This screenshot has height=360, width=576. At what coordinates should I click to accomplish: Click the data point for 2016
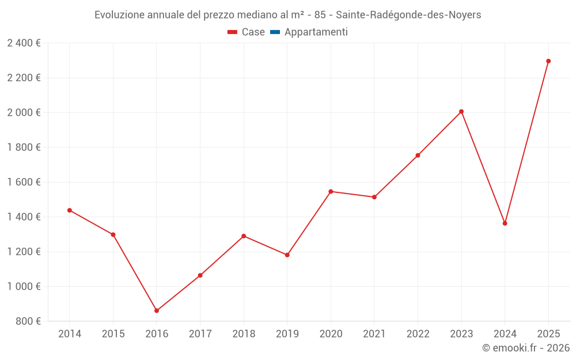pos(157,310)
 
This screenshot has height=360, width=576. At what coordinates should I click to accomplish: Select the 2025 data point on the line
pos(548,61)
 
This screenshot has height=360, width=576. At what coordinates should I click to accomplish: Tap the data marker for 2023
pos(461,112)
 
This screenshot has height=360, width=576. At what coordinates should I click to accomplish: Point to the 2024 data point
pos(505,223)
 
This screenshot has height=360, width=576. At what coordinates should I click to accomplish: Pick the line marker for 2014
pos(70,210)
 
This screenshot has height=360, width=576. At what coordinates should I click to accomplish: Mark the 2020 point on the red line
pos(331,191)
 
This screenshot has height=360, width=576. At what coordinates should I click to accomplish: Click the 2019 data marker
pos(287,255)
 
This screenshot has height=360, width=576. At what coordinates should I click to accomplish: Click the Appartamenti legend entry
pos(316,32)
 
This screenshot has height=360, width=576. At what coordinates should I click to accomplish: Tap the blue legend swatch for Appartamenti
pos(275,32)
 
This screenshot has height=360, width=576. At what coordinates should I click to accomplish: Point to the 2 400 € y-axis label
pos(24,43)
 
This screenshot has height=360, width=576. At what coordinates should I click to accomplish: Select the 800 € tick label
pos(28,321)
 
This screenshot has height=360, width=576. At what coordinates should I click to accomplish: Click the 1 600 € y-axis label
pos(24,182)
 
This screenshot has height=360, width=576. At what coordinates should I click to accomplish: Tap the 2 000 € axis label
pos(24,112)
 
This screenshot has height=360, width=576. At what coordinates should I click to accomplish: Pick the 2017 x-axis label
pos(200,334)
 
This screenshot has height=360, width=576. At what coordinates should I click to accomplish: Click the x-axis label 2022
pos(418,334)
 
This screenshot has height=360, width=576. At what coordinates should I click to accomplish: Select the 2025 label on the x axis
pos(548,334)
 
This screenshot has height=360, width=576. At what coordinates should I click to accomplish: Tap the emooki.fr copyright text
pos(525,348)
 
